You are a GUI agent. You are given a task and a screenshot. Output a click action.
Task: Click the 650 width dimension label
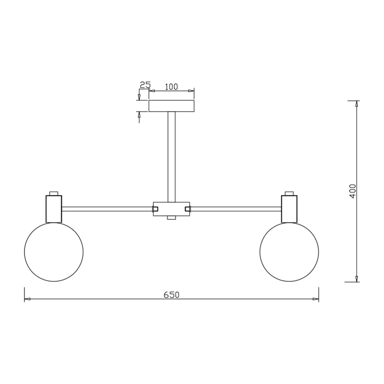click(x=171, y=295)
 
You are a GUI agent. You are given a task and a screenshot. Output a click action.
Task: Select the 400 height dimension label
click(x=353, y=191)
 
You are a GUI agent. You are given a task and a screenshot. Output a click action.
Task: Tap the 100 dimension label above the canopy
click(x=171, y=87)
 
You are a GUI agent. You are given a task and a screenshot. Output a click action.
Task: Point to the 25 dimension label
click(x=145, y=85)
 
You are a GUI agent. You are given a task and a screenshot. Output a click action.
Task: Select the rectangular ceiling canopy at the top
click(x=171, y=106)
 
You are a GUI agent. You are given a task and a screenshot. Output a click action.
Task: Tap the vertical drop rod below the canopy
click(x=171, y=157)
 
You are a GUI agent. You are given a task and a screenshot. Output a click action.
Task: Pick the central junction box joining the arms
click(x=171, y=209)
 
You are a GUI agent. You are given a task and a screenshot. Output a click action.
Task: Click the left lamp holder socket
click(x=54, y=209)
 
